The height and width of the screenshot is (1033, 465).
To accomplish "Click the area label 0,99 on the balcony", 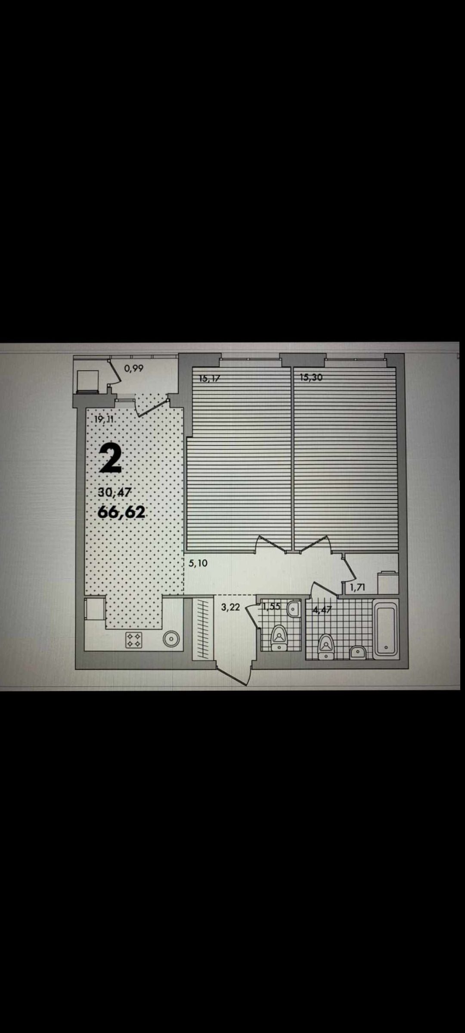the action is (x=133, y=368).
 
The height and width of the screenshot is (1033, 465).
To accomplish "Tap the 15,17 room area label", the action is (x=210, y=379).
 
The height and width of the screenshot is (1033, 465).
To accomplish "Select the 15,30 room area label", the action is (x=311, y=378).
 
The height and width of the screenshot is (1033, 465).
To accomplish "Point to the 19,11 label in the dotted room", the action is (x=103, y=420).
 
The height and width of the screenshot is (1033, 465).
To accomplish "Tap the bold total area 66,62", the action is (x=121, y=512).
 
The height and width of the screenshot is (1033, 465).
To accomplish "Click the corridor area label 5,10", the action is (x=198, y=563).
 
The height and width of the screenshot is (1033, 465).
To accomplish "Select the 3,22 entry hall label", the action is (x=230, y=608).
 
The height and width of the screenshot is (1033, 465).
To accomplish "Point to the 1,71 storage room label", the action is (x=357, y=587).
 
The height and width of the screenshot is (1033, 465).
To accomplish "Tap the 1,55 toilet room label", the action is (x=271, y=607).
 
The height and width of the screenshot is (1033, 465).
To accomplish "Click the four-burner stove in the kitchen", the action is (x=133, y=640).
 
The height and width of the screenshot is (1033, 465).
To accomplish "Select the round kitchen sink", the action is (x=171, y=640).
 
